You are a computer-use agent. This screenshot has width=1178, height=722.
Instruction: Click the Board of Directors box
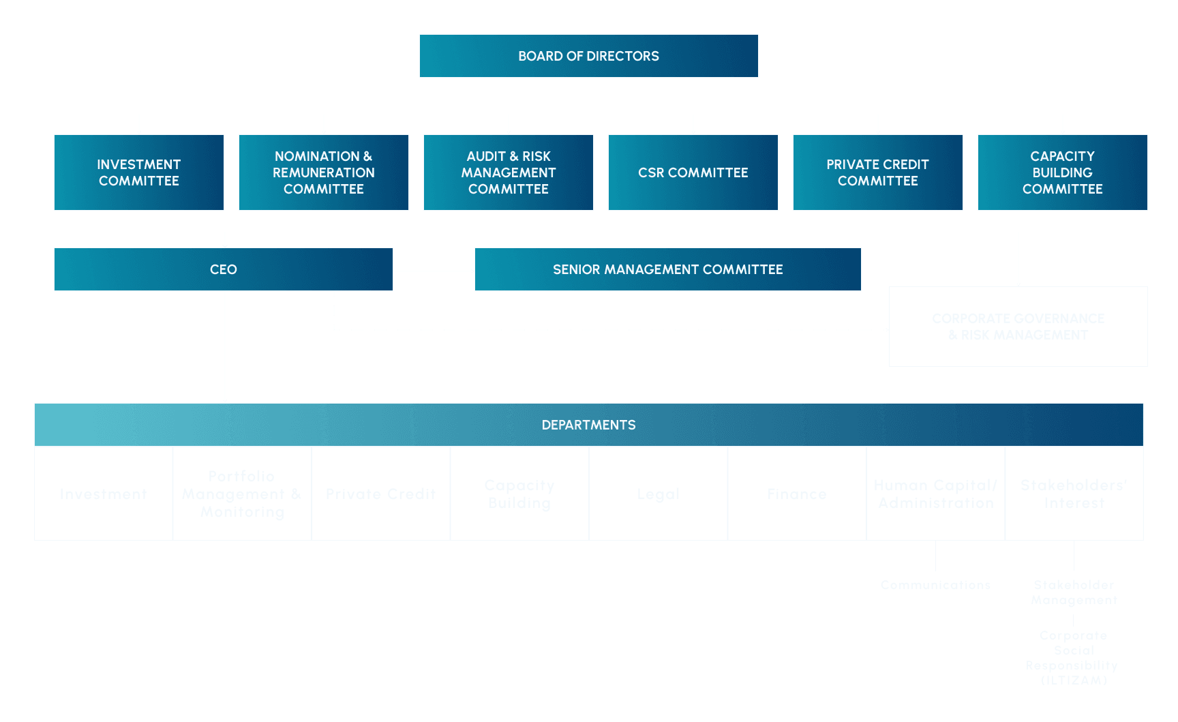tap(588, 56)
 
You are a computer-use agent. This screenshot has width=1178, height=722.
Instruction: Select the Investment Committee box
tap(138, 172)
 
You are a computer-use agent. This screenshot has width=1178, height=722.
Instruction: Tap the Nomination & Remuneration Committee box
tap(323, 172)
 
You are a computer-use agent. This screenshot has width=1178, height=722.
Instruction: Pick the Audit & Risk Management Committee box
tap(508, 172)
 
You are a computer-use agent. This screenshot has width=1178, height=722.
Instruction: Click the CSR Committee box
tap(693, 172)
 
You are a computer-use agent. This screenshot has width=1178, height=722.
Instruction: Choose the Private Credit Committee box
tap(877, 172)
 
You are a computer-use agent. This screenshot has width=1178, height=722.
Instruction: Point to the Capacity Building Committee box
tap(1062, 172)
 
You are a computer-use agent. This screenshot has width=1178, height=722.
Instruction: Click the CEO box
tap(223, 269)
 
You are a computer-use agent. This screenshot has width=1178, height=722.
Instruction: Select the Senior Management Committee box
tap(667, 269)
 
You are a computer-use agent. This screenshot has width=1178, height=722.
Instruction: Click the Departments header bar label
tap(588, 425)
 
